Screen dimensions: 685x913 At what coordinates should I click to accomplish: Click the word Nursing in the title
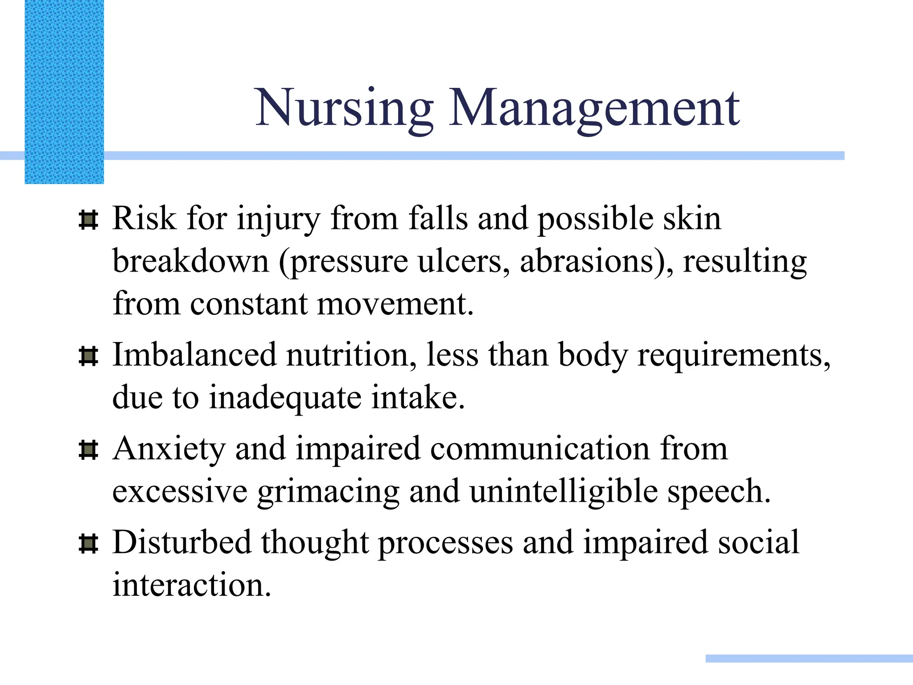(344, 108)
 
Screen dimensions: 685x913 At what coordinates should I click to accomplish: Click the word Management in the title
(594, 108)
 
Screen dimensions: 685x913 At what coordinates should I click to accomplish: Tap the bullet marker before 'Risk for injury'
(88, 220)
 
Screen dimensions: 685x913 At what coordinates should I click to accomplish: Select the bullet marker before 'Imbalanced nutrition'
(88, 356)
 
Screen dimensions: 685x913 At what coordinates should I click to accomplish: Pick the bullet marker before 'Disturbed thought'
(88, 544)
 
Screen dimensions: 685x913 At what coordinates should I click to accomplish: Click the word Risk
(144, 219)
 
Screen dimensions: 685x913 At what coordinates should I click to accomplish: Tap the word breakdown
(191, 261)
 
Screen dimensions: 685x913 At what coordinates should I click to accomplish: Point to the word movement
(395, 304)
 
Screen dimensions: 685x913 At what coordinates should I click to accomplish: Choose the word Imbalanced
(194, 355)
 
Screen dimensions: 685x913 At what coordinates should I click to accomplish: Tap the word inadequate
(285, 398)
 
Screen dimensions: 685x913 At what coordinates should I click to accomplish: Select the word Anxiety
(169, 449)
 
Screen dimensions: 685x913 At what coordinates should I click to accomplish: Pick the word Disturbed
(182, 543)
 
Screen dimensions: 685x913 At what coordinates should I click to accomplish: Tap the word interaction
(192, 585)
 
